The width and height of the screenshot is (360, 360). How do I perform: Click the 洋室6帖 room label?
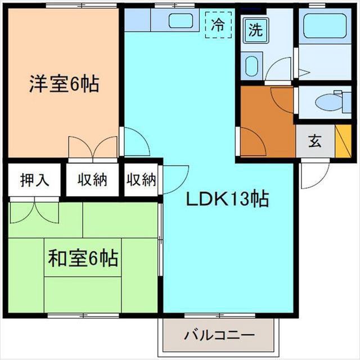click(x=64, y=84)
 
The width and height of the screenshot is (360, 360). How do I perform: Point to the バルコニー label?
click(x=219, y=336)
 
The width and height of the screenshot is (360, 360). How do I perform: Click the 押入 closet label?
click(x=34, y=181)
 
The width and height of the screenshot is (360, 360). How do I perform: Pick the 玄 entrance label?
click(x=314, y=141)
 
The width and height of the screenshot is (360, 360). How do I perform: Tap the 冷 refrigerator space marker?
click(x=218, y=25)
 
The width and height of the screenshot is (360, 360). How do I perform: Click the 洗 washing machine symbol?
click(x=255, y=31)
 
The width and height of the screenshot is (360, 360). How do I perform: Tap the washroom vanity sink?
click(x=251, y=65)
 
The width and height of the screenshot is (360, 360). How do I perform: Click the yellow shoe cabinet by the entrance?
click(x=343, y=142)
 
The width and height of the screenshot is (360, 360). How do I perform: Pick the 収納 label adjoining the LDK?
click(x=141, y=181)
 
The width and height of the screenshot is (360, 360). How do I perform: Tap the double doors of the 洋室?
click(x=93, y=147)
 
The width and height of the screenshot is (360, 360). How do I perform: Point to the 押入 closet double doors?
click(x=34, y=212)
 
